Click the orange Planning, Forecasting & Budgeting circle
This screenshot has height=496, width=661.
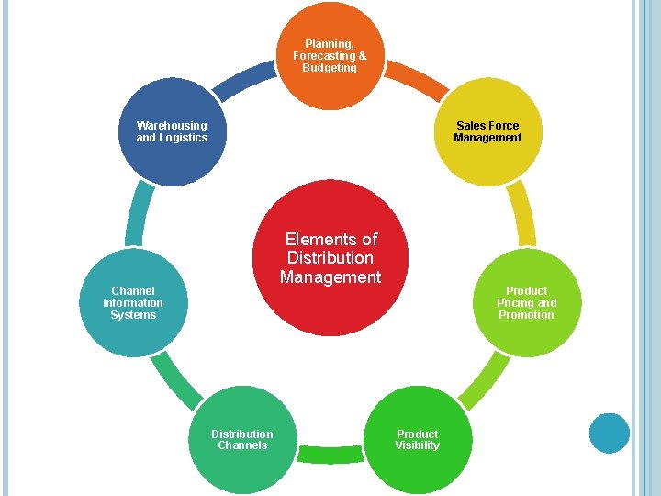point(330,55)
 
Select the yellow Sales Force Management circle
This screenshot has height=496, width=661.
point(487,131)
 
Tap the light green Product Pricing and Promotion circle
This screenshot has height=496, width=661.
point(526,302)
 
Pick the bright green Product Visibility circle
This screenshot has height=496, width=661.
point(418,439)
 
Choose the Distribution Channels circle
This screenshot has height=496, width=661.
point(241,439)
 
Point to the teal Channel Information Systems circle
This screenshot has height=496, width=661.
point(133,302)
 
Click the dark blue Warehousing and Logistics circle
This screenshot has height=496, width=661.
point(172,131)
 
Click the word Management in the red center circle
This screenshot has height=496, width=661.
point(330,277)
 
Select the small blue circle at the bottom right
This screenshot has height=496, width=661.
point(609,433)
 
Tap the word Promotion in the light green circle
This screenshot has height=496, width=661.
point(526,315)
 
